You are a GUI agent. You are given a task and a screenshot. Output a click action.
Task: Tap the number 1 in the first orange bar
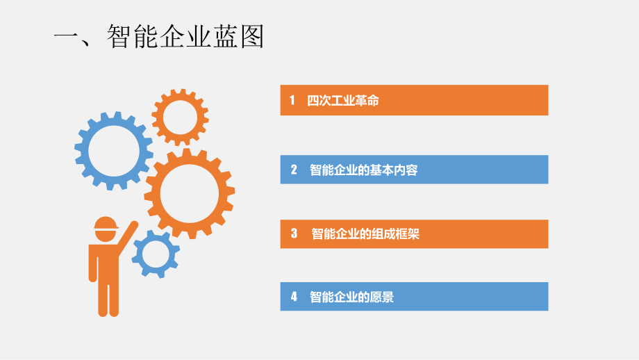pyautogui.click(x=292, y=101)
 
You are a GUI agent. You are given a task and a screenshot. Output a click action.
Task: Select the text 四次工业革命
pyautogui.click(x=343, y=101)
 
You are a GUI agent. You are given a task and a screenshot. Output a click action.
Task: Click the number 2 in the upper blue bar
pyautogui.click(x=294, y=170)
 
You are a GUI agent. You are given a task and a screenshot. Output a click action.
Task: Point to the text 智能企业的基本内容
pyautogui.click(x=363, y=170)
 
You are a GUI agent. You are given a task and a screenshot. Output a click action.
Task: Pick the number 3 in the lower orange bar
pyautogui.click(x=294, y=234)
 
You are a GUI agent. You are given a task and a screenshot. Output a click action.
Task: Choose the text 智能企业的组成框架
pyautogui.click(x=365, y=234)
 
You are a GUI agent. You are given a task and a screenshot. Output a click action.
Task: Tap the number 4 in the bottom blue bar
pyautogui.click(x=294, y=297)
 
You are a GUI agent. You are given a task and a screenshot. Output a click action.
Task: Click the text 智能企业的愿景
pyautogui.click(x=351, y=297)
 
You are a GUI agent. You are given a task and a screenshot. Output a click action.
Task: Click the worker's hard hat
pyautogui.click(x=106, y=223)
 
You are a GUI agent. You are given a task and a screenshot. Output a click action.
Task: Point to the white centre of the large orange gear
pyautogui.click(x=190, y=193)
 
